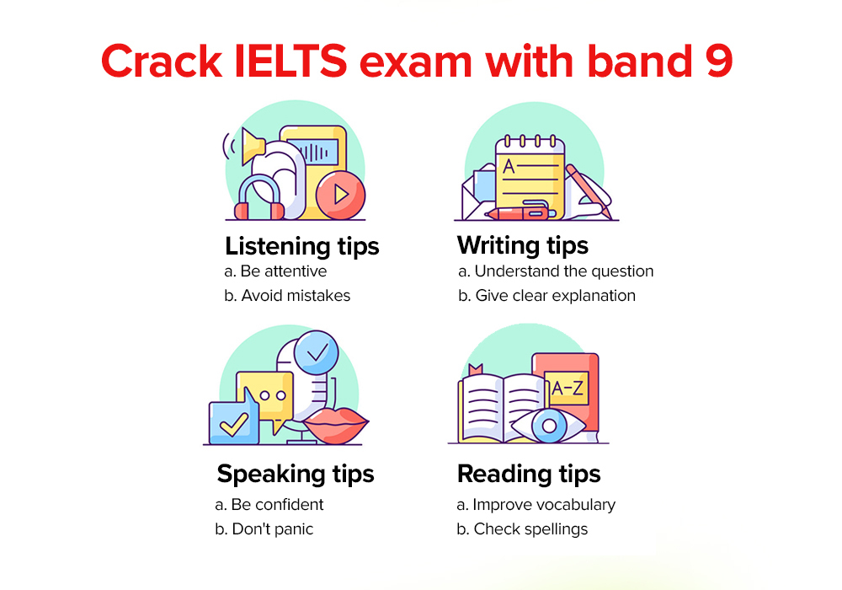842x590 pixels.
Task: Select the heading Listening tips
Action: [301, 246]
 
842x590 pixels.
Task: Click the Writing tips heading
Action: [522, 245]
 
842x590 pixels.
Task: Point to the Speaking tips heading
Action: [296, 474]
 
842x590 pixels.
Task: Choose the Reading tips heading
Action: [529, 474]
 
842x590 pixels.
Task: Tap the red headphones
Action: [258, 200]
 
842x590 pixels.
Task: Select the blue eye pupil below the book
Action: [550, 426]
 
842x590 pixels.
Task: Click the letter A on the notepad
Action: [509, 166]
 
